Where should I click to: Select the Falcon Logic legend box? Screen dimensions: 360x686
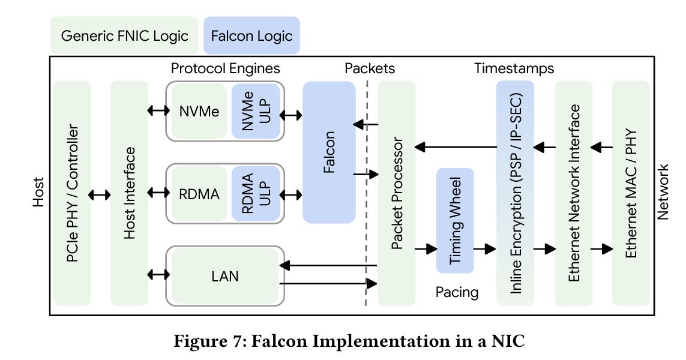coord(251,35)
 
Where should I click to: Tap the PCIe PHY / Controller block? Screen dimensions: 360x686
coord(72,193)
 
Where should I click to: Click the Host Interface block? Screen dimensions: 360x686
coord(129,193)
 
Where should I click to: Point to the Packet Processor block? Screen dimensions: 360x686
coord(396,193)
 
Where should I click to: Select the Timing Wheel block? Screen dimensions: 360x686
coord(455,220)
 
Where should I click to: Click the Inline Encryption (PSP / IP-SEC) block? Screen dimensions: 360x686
coord(515,193)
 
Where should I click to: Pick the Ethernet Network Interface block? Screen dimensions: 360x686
coord(574,193)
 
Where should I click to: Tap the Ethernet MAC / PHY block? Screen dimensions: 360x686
coord(630,193)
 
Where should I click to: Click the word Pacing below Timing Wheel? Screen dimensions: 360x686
coord(457,293)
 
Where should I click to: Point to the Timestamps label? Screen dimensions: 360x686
coord(514,68)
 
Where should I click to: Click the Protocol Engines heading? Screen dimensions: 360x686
coord(225,68)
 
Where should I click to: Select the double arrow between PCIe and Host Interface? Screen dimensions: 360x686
coord(100,194)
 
